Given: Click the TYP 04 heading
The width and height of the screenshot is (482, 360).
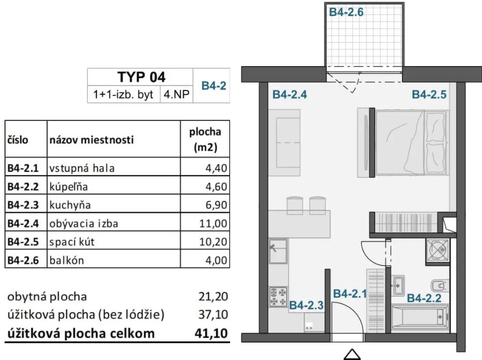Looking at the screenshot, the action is click(x=142, y=77).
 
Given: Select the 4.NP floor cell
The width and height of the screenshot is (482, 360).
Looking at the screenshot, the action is click(x=176, y=94).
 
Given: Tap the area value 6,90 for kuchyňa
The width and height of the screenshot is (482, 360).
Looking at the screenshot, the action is click(x=217, y=205).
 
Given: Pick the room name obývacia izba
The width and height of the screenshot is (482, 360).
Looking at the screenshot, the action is click(x=83, y=223).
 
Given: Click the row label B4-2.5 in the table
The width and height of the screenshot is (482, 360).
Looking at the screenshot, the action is click(x=23, y=242).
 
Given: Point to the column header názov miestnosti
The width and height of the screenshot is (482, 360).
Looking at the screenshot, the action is click(x=91, y=140).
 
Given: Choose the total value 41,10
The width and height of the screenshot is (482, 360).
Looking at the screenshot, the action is click(x=211, y=333).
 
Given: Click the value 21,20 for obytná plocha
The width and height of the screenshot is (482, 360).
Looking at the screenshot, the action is click(x=213, y=296).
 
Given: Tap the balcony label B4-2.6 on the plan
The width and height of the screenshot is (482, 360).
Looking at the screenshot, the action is click(x=346, y=12).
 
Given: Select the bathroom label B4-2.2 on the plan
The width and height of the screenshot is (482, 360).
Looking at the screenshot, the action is click(x=424, y=298).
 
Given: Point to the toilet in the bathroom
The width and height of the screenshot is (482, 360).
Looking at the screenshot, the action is click(x=439, y=285).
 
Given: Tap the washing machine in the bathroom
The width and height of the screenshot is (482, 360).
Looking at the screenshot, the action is click(x=437, y=251).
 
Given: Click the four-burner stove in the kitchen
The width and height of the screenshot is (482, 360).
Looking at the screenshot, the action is click(x=278, y=297).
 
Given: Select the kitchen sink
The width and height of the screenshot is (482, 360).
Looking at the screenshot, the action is click(x=278, y=251).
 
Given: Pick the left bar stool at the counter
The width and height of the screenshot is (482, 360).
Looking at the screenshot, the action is click(x=295, y=205).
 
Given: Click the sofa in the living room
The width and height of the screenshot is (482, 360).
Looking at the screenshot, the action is click(x=284, y=143).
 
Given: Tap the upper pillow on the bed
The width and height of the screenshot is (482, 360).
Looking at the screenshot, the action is click(x=436, y=127).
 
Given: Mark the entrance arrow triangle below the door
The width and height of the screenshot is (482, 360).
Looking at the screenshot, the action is click(x=352, y=354).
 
